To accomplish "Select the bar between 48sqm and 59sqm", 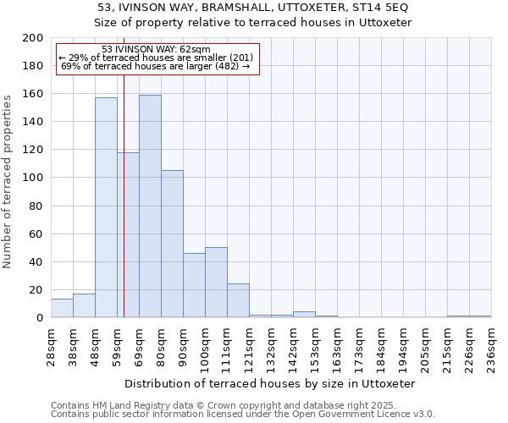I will tap(106, 207).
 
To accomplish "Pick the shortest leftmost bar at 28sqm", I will tap(62, 309).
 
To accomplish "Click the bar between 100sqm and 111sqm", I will tap(216, 283).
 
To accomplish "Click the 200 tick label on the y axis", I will tap(33, 38).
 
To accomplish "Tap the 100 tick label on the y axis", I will tap(33, 178).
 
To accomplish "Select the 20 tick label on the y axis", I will tap(36, 290).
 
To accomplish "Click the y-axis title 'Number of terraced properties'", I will tap(8, 181).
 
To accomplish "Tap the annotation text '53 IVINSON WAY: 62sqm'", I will tap(156, 50).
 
